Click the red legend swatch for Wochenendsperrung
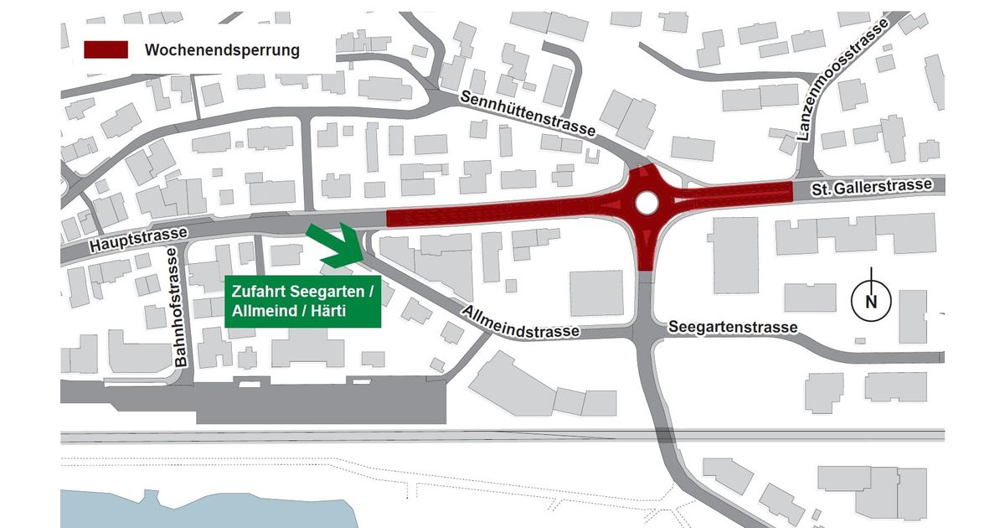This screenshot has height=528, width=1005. point(106,49)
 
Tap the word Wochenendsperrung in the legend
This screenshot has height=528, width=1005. point(222,50)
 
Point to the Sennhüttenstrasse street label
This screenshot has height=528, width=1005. point(528,114)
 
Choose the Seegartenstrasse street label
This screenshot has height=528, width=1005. point(732,327)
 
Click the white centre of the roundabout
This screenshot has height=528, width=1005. point(646,201)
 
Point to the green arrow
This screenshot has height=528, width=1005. point(332,246)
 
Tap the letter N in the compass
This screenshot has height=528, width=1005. point(871,303)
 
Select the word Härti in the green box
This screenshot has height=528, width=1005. point(326,312)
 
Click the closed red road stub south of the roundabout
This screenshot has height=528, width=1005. point(646,251)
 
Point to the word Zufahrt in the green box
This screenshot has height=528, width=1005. point(260,292)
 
